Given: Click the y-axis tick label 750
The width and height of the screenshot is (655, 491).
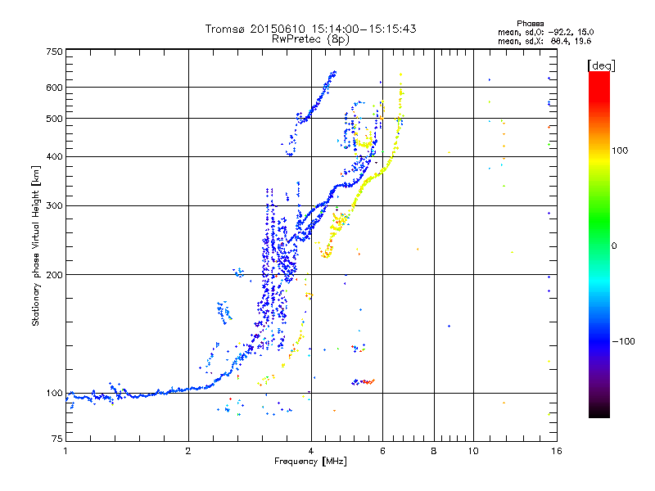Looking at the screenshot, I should [x=54, y=51].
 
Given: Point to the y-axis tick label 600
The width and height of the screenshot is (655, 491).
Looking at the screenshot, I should [x=54, y=87].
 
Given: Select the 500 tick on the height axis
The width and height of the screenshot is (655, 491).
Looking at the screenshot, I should [x=54, y=118].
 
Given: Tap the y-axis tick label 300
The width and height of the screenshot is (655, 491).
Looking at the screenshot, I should [x=54, y=205].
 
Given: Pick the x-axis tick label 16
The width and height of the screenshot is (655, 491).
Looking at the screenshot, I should [x=555, y=451].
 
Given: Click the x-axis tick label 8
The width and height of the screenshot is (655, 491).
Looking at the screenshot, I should [x=434, y=451].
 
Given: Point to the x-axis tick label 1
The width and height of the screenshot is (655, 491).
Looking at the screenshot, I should [x=65, y=451].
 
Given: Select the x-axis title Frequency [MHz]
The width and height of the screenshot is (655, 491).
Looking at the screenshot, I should [x=310, y=462].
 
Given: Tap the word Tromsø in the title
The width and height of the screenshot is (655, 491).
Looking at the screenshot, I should [x=226, y=29].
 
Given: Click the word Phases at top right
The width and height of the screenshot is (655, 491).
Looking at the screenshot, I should [x=531, y=22].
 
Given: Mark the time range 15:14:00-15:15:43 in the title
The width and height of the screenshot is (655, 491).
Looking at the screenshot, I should [x=357, y=29].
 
